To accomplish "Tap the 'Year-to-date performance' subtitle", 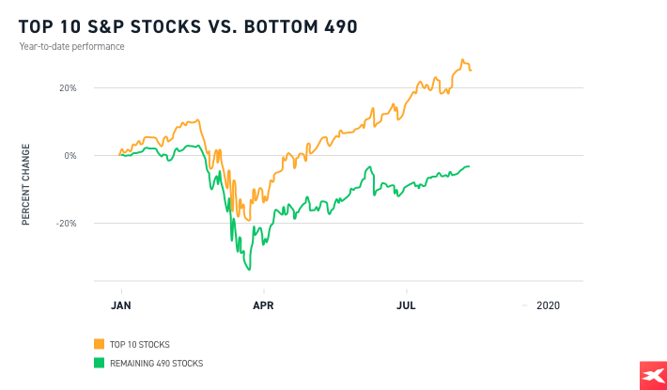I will [x=71, y=46].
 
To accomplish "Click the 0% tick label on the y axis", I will [x=70, y=156].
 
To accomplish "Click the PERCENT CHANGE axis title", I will [x=26, y=183].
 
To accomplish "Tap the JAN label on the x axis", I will [x=120, y=305].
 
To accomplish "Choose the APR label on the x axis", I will [x=264, y=305].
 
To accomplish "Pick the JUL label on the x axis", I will [x=407, y=305].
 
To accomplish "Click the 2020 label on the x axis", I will [x=548, y=305].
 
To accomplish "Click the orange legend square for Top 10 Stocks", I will [x=99, y=344].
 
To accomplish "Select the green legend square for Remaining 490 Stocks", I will [x=99, y=363].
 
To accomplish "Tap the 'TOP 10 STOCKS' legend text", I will [x=139, y=344].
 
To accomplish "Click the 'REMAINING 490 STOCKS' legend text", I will [x=155, y=363].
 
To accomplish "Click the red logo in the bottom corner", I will [x=649, y=375].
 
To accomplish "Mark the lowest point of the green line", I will [x=249, y=271].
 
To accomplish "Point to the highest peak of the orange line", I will [x=462, y=60].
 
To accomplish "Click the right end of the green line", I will [x=470, y=166].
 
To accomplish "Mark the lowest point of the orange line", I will [x=249, y=220].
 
